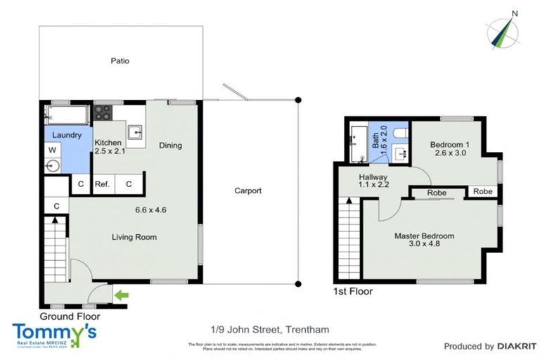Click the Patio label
point(120,61)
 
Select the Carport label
point(247,191)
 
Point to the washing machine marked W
point(53,150)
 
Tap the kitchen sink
point(136,131)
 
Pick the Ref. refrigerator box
point(103,184)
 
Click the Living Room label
point(134,237)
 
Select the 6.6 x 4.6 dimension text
point(150,209)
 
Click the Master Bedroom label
point(423,236)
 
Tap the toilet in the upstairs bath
point(400,133)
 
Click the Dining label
point(170,146)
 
